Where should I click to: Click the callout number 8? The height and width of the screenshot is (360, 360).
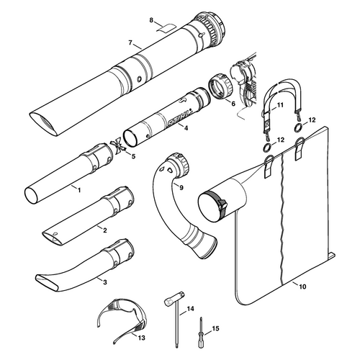click(x=151, y=20)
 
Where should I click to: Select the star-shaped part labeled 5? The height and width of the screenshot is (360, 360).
click(x=118, y=147)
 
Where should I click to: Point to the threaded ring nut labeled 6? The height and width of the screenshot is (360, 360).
click(x=220, y=87)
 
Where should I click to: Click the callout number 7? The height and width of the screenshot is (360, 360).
click(x=130, y=42)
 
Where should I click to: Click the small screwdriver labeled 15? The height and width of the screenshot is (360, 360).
click(x=201, y=333)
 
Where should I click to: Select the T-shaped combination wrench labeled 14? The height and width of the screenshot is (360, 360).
click(x=176, y=315)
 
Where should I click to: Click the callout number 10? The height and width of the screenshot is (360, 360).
click(x=302, y=287)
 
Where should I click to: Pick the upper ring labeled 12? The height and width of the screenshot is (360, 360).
click(x=298, y=127)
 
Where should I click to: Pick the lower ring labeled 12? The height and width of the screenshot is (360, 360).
click(x=268, y=147)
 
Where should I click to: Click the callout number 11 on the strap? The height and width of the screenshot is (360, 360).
click(x=280, y=105)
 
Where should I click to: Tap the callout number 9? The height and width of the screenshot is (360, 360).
click(x=181, y=187)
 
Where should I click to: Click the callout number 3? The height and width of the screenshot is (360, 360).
click(x=105, y=282)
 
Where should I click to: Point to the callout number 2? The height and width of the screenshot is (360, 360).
click(x=105, y=230)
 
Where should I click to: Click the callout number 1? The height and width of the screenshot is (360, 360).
click(x=79, y=190)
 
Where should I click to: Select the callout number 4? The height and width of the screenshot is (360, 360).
click(x=186, y=128)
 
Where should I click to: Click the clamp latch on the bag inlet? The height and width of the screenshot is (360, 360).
click(x=222, y=204)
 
